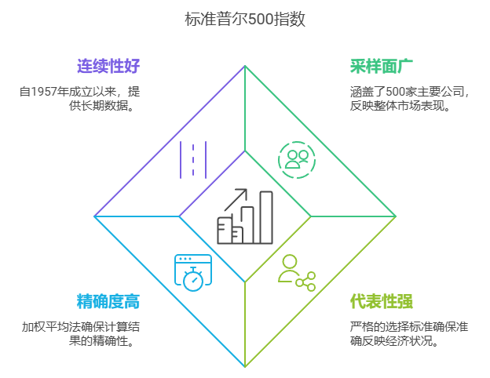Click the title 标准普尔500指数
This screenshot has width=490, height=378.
pyautogui.click(x=245, y=20)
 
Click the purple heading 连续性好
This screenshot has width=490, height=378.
pyautogui.click(x=108, y=66)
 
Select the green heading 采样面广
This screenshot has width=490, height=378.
pyautogui.click(x=382, y=66)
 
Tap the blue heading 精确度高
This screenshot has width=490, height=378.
pyautogui.click(x=108, y=302)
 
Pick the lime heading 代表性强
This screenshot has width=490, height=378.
pyautogui.click(x=382, y=302)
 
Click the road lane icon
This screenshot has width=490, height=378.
pyautogui.click(x=193, y=160)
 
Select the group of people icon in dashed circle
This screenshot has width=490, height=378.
pyautogui.click(x=297, y=160)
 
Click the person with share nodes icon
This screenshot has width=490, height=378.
pyautogui.click(x=297, y=272)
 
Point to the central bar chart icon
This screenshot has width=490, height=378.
pyautogui.click(x=245, y=216)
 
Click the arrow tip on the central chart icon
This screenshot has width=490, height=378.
pyautogui.click(x=245, y=191)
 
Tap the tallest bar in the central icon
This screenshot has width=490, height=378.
pyautogui.click(x=266, y=217)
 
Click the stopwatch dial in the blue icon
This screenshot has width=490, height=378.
pyautogui.click(x=193, y=280)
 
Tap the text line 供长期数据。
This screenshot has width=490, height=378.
pyautogui.click(x=101, y=106)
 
